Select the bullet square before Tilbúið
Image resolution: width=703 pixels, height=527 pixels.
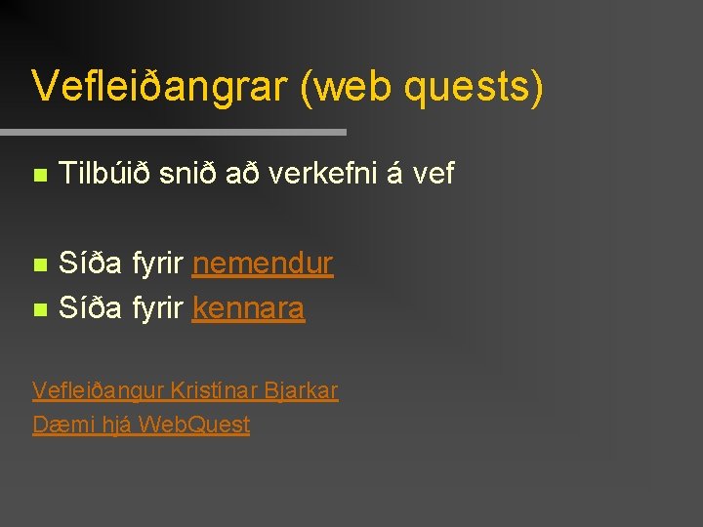coord(39,177)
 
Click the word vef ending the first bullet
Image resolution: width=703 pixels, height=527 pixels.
coord(434,175)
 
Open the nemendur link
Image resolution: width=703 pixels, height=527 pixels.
coord(263,263)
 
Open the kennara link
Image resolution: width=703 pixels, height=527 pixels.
coord(248,308)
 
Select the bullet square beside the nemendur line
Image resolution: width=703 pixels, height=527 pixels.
coord(39,265)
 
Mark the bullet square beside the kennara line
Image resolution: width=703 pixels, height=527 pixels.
coord(39,310)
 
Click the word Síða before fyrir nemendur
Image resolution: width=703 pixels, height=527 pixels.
coord(90,263)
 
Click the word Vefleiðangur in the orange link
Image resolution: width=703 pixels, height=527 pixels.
coord(98,391)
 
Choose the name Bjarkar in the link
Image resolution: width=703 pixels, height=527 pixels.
coord(303,391)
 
